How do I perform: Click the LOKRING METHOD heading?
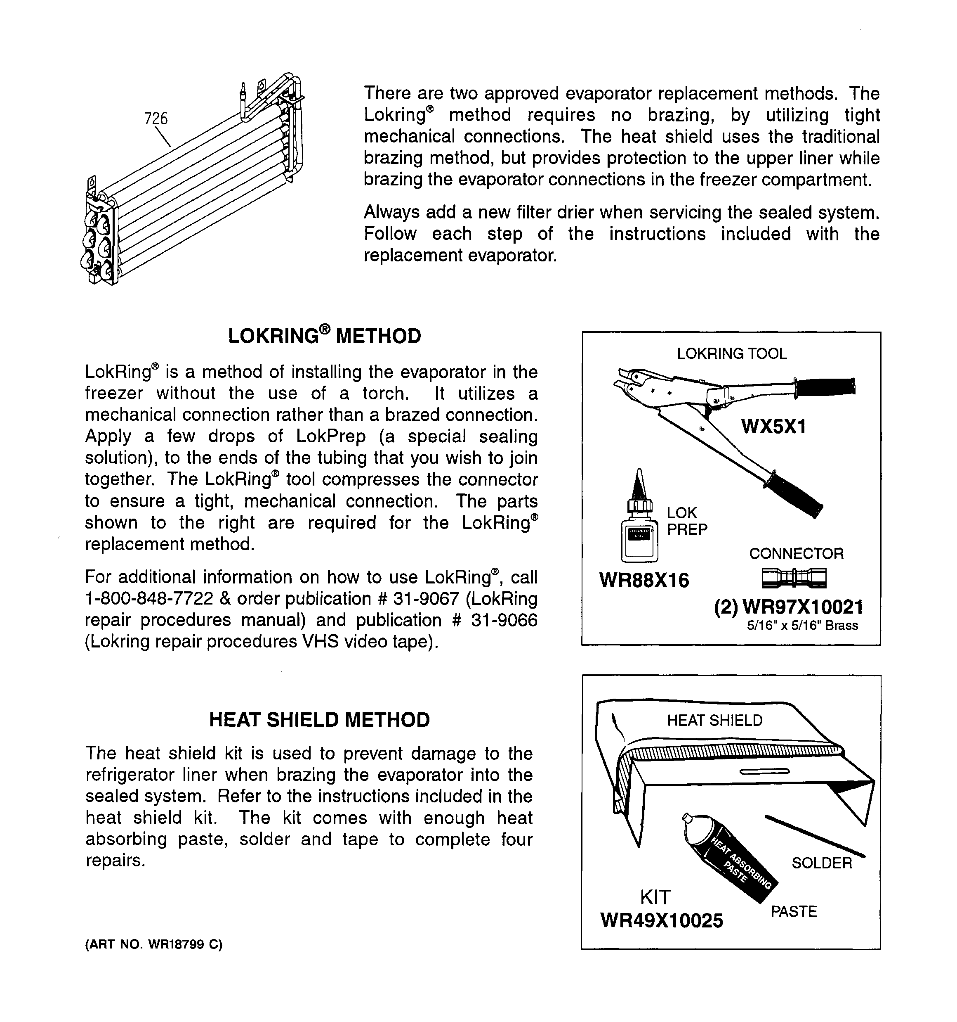324,336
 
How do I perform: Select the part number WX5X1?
773,426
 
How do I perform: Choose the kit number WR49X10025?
661,920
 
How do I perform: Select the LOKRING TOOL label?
731,354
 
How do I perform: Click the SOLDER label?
821,863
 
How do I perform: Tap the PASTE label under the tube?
793,911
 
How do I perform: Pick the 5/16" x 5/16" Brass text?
802,626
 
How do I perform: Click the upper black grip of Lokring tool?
825,386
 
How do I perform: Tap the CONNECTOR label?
796,554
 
